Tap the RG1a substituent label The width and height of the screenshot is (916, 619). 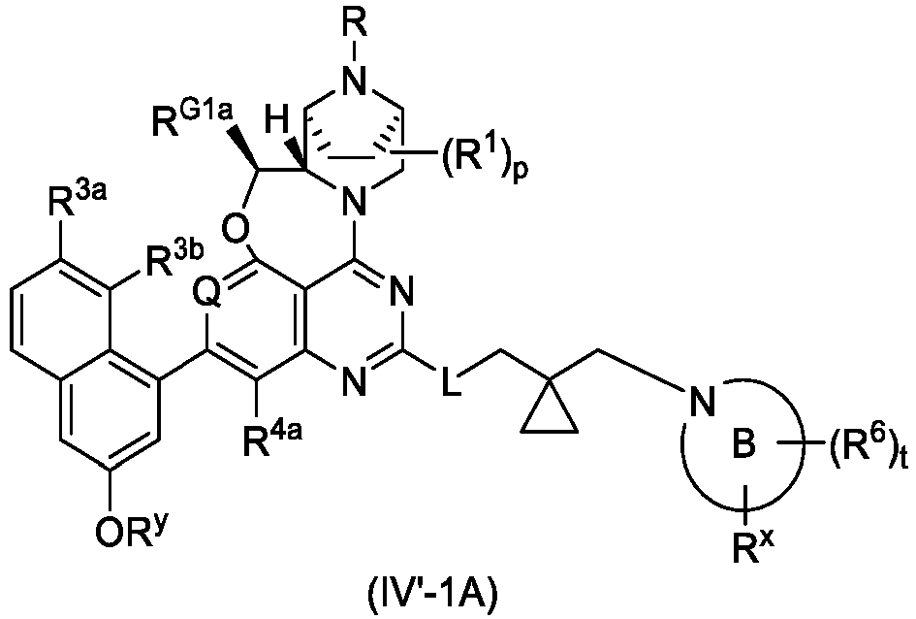click(194, 120)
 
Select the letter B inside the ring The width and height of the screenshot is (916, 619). click(744, 444)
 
